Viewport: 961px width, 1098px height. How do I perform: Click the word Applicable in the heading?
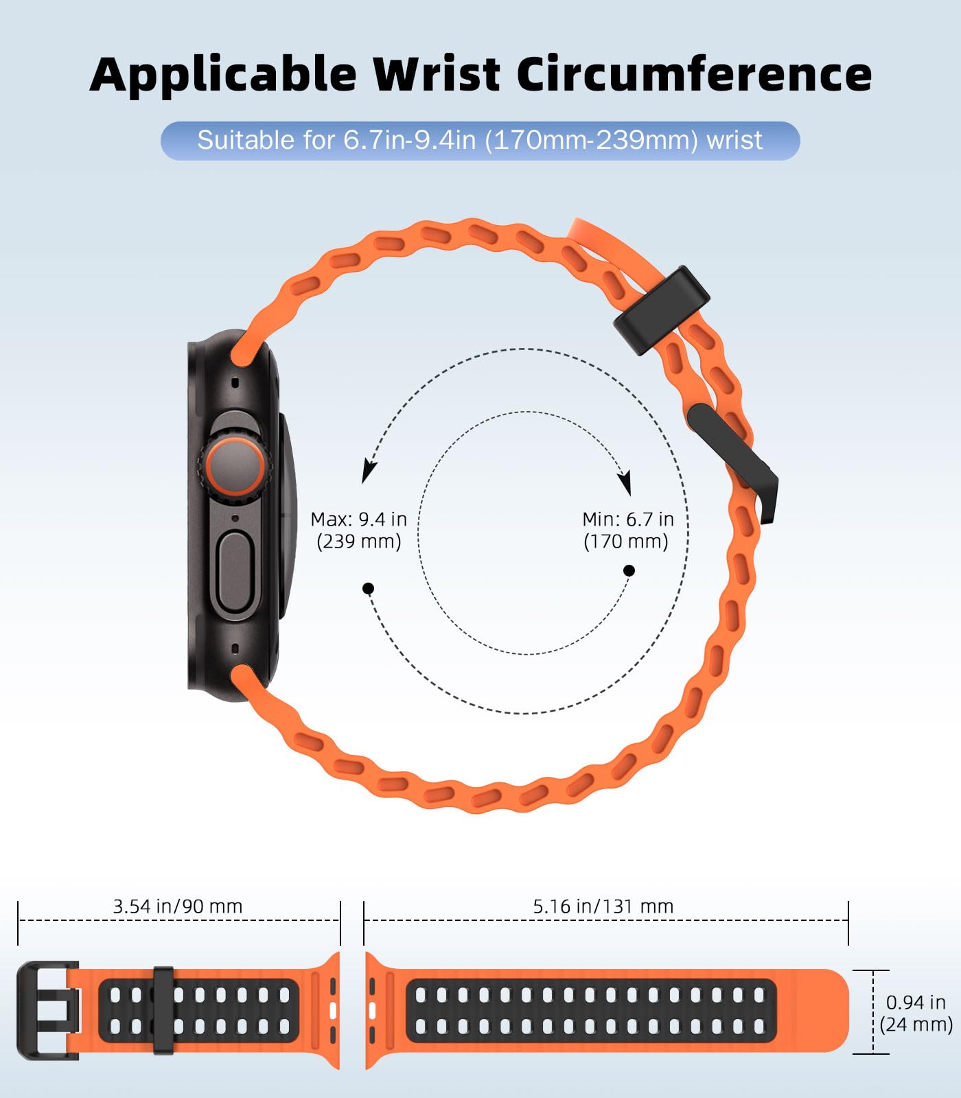click(223, 74)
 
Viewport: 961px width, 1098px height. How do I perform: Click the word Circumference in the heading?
click(693, 74)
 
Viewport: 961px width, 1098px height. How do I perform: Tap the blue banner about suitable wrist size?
click(480, 141)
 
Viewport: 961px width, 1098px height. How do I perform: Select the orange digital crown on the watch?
click(235, 467)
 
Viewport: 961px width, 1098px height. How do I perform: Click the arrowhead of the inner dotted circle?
click(625, 483)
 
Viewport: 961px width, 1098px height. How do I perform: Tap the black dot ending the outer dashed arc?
click(368, 588)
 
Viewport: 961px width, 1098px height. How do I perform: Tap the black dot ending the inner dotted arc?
click(629, 570)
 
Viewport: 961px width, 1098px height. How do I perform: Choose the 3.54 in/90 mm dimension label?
click(177, 907)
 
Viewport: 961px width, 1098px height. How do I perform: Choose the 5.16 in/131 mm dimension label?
click(603, 907)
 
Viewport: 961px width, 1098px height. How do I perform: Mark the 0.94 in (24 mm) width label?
click(916, 1013)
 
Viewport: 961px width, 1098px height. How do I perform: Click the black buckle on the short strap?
click(45, 1010)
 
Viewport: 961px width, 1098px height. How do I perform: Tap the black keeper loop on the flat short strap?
click(163, 1010)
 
